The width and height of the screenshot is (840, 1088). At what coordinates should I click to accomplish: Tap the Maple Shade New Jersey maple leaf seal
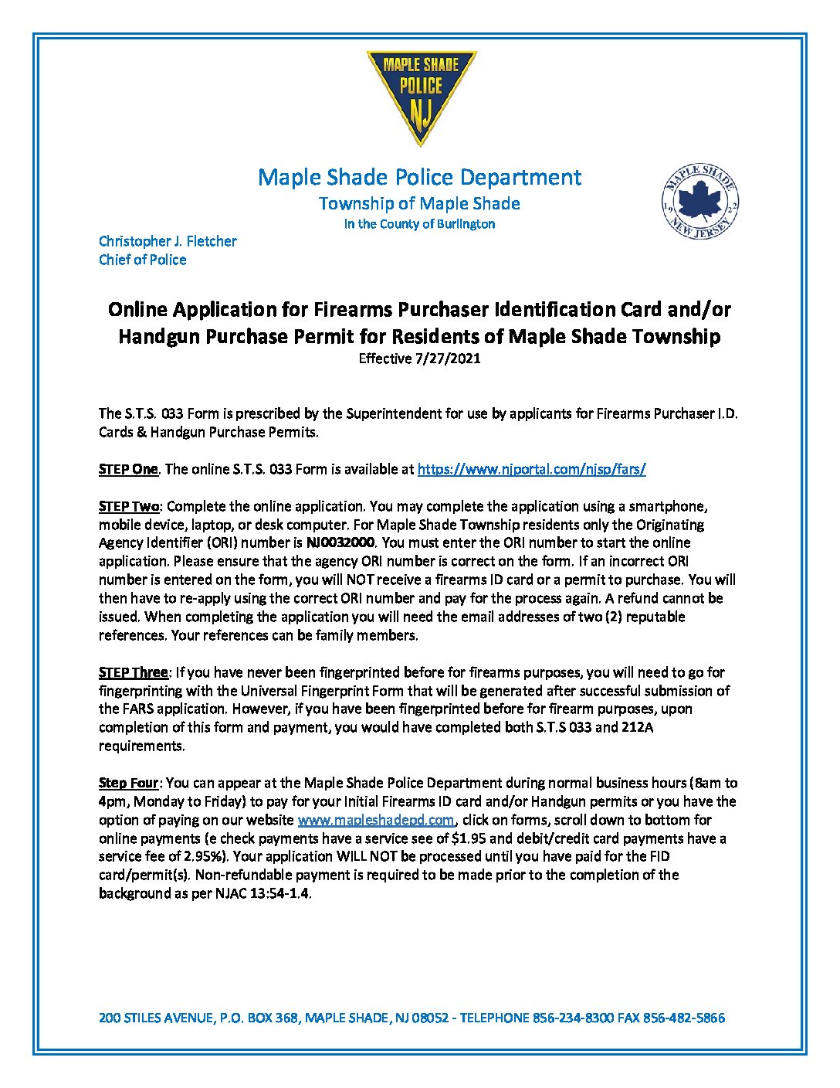pos(699,202)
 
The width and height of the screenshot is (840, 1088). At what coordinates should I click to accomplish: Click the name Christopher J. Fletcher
pos(168,241)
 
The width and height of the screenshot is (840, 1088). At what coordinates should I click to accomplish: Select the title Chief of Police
pos(142,260)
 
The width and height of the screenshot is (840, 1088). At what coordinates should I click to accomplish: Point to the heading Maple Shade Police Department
pos(419,177)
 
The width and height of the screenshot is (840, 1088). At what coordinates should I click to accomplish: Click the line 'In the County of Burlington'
pos(419,224)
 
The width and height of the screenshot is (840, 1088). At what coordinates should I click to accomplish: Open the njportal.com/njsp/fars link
pos(531,469)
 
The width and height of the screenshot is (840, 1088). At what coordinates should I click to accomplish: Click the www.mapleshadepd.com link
pos(375,820)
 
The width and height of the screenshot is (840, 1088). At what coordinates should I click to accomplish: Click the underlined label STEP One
pos(128,469)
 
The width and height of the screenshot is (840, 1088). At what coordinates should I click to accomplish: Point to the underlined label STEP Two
pos(129,506)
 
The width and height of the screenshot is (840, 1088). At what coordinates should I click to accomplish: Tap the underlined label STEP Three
pos(133,672)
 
